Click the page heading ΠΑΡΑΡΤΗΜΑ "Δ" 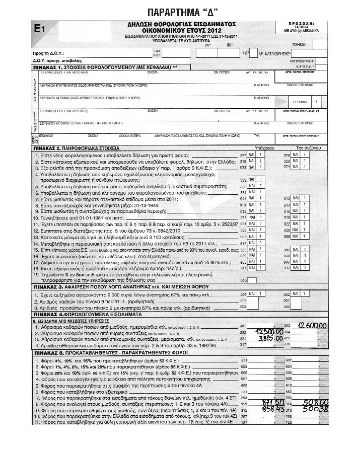coord(180,11)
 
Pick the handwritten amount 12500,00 coord(269,333)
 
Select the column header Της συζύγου coord(309,149)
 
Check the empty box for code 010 coord(253,280)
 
